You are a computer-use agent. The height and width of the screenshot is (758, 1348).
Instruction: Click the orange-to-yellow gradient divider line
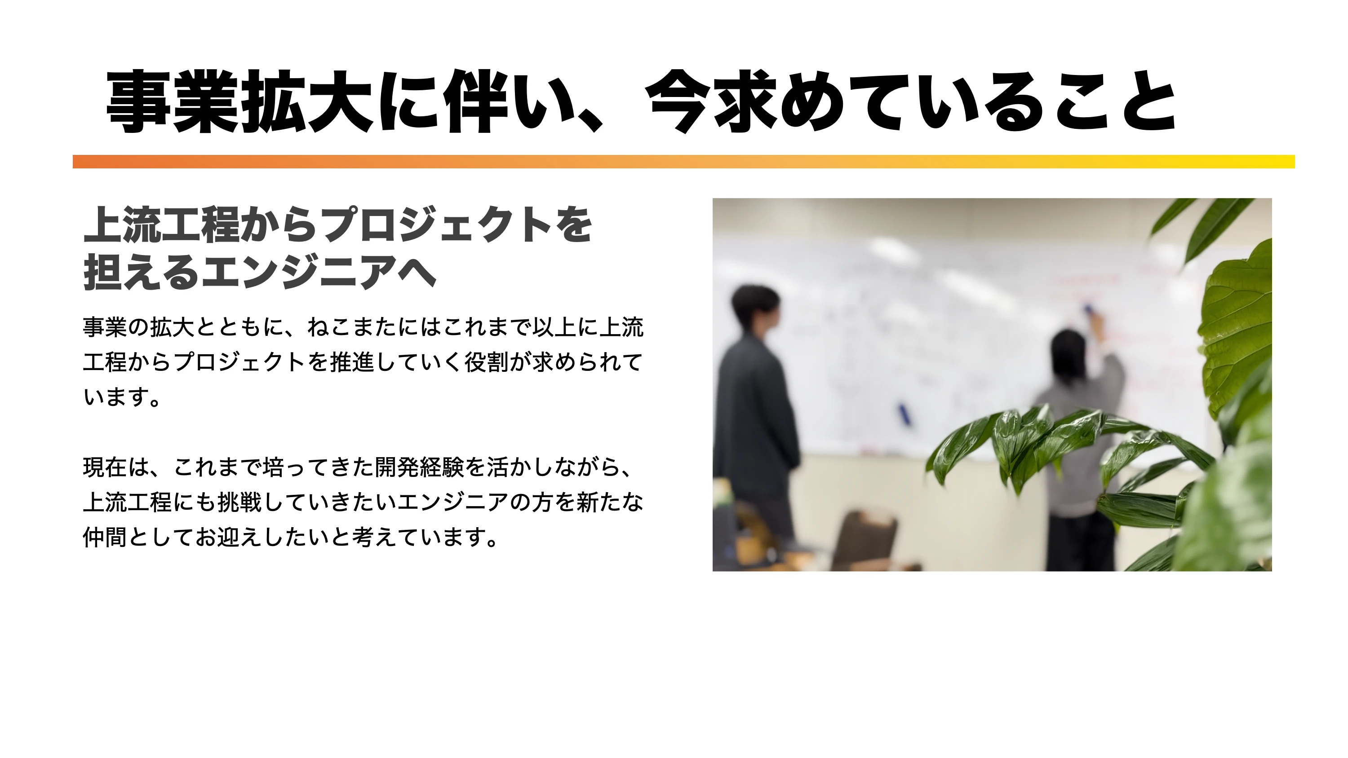coord(683,162)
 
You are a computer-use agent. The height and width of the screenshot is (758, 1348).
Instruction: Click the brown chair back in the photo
coord(863,539)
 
